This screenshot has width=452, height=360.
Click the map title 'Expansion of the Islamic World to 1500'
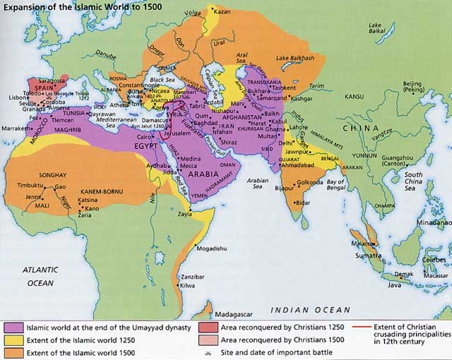click(x=81, y=8)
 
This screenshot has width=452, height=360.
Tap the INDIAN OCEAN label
click(x=311, y=310)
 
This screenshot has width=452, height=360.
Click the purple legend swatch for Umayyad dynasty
click(x=13, y=328)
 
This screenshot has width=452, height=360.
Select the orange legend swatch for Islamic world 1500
click(x=13, y=352)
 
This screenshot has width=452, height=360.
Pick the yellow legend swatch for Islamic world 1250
click(x=13, y=340)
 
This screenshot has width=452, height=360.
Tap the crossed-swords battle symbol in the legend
click(x=205, y=352)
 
